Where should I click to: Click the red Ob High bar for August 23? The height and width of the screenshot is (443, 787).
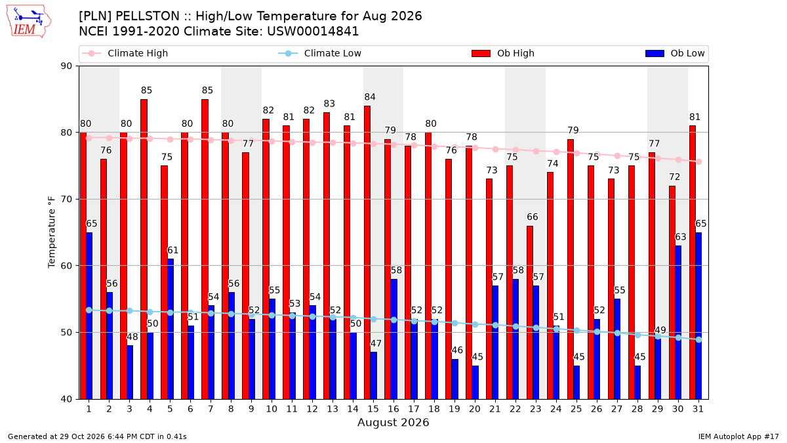pos(529,312)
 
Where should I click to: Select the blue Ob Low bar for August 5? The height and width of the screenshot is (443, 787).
pos(171,329)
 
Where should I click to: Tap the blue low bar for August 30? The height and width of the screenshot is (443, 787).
pos(678,322)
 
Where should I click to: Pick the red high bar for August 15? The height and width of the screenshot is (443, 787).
pos(367,253)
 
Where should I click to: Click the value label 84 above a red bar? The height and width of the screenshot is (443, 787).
pos(370,96)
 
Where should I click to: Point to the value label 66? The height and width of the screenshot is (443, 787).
pos(533,217)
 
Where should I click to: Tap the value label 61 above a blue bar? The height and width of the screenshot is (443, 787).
pos(173,250)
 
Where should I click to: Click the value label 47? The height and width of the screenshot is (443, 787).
pos(376,343)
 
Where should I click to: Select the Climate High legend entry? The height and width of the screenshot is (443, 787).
pos(125,53)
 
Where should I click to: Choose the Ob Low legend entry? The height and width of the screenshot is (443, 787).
pos(675,53)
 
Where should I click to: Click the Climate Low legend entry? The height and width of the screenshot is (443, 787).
pos(319,53)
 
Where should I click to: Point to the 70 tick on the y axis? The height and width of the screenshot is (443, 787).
pos(66,200)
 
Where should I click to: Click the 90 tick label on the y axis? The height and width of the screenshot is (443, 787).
pos(66,66)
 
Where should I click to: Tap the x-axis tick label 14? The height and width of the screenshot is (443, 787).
pos(353,409)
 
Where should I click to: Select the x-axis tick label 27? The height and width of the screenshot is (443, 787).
pos(616,409)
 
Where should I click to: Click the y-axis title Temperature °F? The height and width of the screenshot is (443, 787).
pos(52,232)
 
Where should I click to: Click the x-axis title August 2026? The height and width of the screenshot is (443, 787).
pos(393,422)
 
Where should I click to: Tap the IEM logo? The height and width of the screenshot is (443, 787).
pos(28,22)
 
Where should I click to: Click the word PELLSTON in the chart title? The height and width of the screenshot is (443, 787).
pos(147,16)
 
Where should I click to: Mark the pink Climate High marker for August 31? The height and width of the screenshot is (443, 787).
pos(699,161)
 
